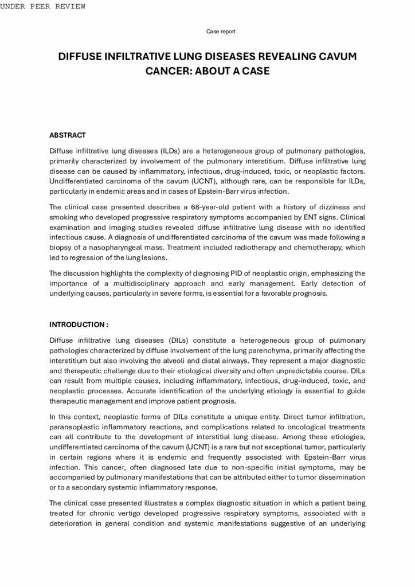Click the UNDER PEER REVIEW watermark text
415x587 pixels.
point(42,6)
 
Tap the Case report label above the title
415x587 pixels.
point(221,31)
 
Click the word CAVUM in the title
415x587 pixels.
point(336,57)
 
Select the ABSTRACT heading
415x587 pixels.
point(67,135)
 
